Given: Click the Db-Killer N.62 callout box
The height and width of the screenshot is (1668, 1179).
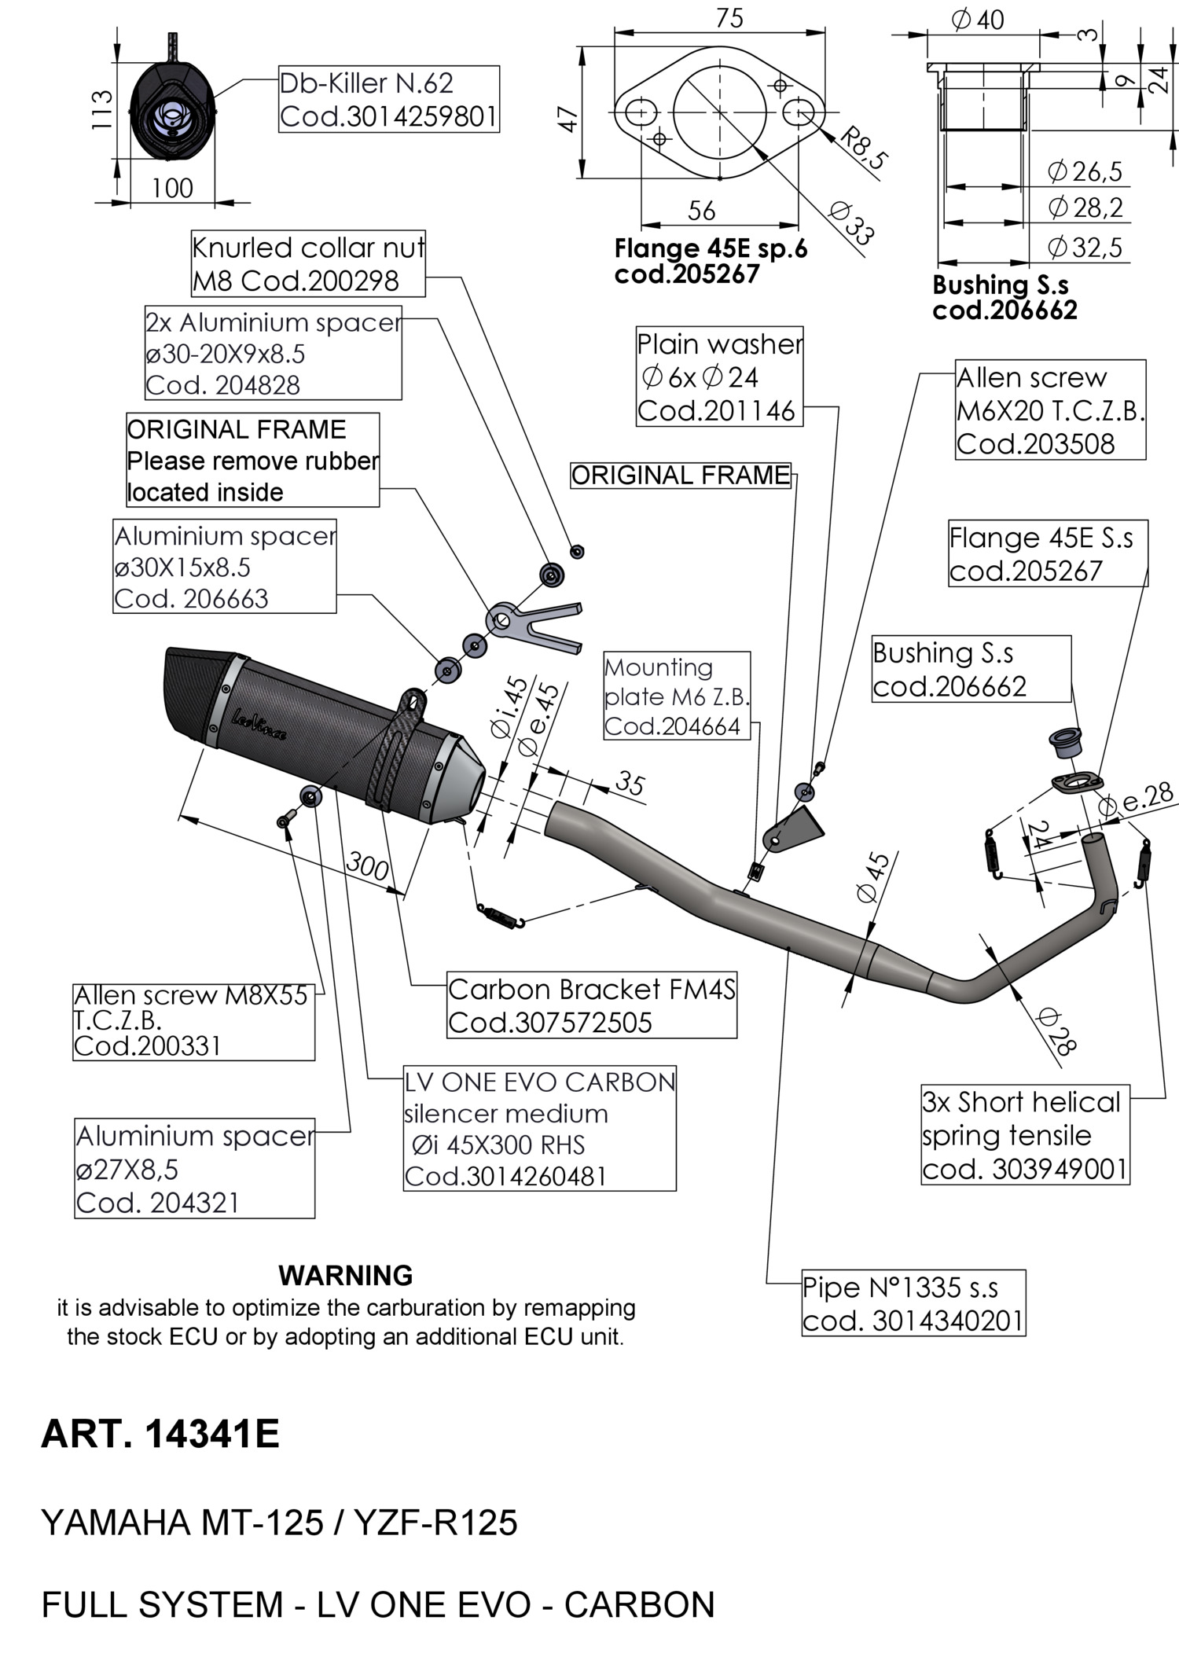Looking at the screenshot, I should point(389,99).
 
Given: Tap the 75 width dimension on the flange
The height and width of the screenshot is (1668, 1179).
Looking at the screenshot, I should point(729,18).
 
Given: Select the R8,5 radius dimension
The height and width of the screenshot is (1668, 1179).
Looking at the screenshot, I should point(863,147).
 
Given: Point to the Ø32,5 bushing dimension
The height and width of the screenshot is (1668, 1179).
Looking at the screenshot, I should point(1085,248).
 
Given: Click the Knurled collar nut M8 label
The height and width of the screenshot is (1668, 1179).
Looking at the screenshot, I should point(308,264).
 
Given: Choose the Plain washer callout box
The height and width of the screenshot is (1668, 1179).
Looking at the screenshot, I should point(719,377).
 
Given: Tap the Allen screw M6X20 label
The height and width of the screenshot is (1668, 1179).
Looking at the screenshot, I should point(1050,410).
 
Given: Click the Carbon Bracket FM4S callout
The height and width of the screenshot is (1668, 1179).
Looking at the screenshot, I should point(591,1005).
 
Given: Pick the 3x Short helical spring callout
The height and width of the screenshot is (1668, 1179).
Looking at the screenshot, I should point(1024,1135).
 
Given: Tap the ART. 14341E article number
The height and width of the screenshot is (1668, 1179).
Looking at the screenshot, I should point(160,1434).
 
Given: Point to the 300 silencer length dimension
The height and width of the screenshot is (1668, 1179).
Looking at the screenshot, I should point(367,866).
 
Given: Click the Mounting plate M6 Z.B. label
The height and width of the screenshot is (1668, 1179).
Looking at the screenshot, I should point(677,696).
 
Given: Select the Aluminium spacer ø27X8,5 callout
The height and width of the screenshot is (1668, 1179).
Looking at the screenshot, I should point(194,1169).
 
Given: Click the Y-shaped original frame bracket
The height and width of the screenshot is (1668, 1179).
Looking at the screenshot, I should point(534,621).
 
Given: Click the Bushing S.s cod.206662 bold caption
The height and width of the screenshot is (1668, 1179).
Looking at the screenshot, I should point(1004,297).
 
